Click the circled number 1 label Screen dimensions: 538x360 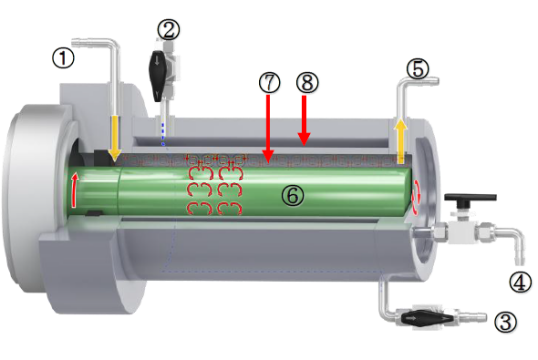pyautogui.click(x=63, y=58)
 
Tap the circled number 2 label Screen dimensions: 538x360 pyautogui.click(x=168, y=30)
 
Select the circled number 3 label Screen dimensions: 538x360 pyautogui.click(x=505, y=322)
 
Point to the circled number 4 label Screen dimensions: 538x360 pyautogui.click(x=520, y=282)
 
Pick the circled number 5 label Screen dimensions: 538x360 pyautogui.click(x=417, y=68)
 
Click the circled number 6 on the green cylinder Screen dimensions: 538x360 pyautogui.click(x=293, y=196)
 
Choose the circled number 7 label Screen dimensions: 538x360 pyautogui.click(x=269, y=83)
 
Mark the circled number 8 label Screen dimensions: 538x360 pyautogui.click(x=307, y=83)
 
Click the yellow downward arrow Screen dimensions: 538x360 pyautogui.click(x=115, y=138)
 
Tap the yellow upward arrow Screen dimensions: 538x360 pyautogui.click(x=400, y=141)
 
